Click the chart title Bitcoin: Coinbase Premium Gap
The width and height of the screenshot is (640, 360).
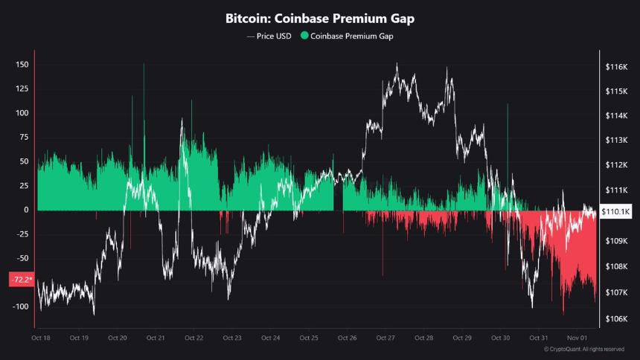point(320,18)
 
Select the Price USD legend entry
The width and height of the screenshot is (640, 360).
point(269,36)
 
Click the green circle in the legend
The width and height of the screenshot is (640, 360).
point(304,36)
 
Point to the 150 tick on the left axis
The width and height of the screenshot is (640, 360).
point(22,65)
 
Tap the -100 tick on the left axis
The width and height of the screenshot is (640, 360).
point(20,306)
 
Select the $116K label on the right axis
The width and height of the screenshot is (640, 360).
point(617,67)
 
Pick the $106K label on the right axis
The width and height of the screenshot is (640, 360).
point(617,320)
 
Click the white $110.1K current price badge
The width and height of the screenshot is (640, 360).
point(615,211)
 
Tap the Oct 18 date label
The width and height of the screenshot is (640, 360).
point(41,338)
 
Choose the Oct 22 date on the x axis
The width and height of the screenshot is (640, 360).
point(193,338)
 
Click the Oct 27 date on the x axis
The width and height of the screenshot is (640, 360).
point(385,338)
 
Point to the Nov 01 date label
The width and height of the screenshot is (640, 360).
point(576,338)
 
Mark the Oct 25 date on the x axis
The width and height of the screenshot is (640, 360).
point(309,338)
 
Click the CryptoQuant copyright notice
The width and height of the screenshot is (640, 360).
point(583,349)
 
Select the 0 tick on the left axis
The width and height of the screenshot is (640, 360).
point(27,210)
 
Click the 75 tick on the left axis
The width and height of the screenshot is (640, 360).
point(24,137)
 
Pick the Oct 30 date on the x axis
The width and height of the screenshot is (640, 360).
point(500,338)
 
